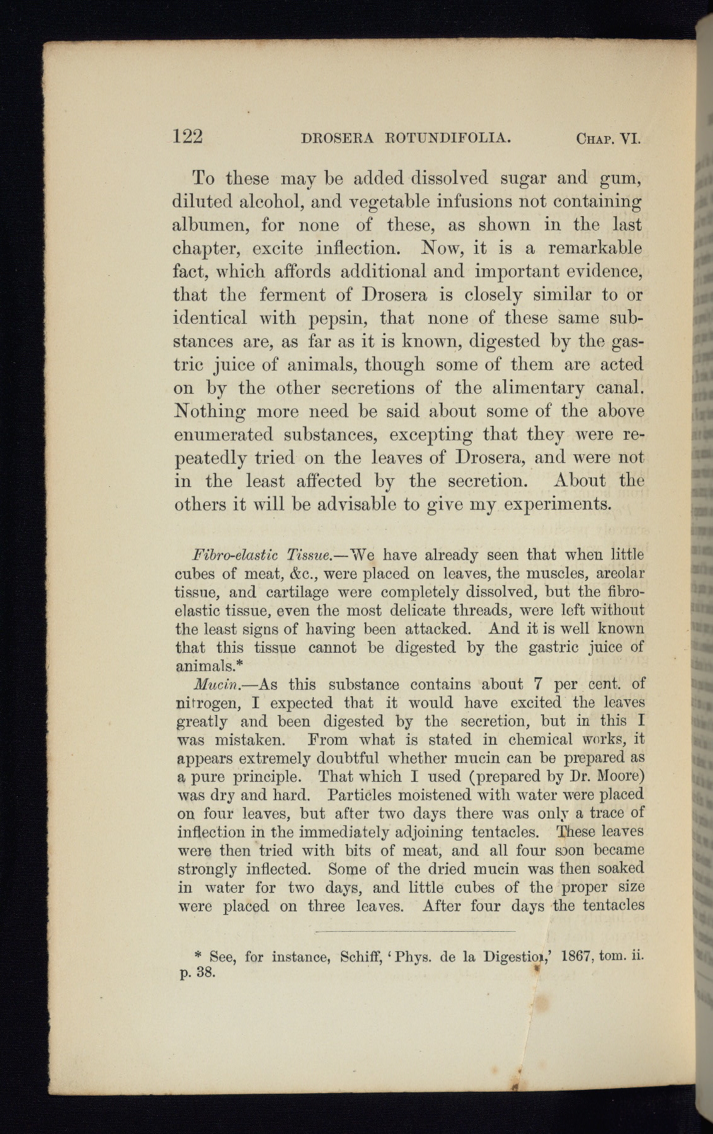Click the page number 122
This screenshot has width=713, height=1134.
pyautogui.click(x=188, y=137)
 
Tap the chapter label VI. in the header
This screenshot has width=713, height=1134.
pyautogui.click(x=630, y=138)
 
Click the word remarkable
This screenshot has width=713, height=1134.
pyautogui.click(x=595, y=248)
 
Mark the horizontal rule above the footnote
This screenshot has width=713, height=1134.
pyautogui.click(x=415, y=931)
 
